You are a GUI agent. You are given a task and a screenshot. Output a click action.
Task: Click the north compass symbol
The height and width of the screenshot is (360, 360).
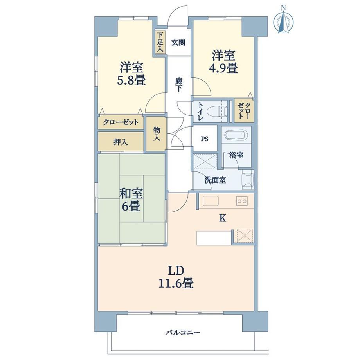(284, 21)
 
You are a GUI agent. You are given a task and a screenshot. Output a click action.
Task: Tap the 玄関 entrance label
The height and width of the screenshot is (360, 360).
(178, 43)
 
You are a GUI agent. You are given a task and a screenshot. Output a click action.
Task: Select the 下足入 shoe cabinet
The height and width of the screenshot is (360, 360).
(160, 43)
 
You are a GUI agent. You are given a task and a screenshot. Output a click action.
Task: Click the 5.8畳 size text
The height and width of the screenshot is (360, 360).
(131, 80)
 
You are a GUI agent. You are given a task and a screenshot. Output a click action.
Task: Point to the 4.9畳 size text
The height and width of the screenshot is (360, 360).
(223, 68)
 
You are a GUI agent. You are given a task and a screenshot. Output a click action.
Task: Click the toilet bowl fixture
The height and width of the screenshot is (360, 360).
(217, 112)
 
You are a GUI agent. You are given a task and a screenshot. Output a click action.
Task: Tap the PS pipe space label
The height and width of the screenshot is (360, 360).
(205, 139)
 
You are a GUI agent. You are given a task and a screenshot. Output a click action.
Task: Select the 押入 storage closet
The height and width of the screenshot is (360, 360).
(121, 142)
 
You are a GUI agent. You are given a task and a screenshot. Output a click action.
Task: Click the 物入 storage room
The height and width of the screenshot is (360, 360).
(157, 134)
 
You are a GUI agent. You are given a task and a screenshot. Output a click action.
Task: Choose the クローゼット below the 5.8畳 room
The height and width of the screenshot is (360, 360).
(121, 122)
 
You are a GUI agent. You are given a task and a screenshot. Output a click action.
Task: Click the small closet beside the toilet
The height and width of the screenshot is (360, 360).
(244, 111)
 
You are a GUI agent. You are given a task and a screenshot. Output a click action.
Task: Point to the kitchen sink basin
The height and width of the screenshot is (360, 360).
(211, 201)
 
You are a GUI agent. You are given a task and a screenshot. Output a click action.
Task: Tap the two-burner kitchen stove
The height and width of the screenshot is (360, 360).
(242, 201)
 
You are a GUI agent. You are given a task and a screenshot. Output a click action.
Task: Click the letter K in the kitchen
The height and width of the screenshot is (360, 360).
(223, 218)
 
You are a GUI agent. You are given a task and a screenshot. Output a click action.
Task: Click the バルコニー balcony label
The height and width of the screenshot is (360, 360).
(183, 333)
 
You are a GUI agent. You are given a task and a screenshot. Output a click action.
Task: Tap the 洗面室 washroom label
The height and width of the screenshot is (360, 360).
(215, 180)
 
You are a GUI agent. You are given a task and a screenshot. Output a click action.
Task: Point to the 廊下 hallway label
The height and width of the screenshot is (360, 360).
(179, 85)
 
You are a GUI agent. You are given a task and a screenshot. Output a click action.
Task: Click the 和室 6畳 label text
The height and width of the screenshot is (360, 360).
(131, 200)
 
